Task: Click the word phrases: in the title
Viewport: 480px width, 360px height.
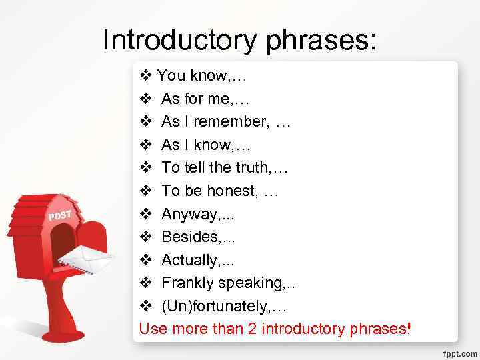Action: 321,40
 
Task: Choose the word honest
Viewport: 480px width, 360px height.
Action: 233,191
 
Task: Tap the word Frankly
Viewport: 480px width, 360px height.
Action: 187,283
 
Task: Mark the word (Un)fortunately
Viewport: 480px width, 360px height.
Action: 216,305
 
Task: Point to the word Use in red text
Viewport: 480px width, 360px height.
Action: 152,329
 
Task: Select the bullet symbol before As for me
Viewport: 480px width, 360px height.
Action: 146,99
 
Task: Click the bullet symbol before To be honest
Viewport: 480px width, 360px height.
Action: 146,191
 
